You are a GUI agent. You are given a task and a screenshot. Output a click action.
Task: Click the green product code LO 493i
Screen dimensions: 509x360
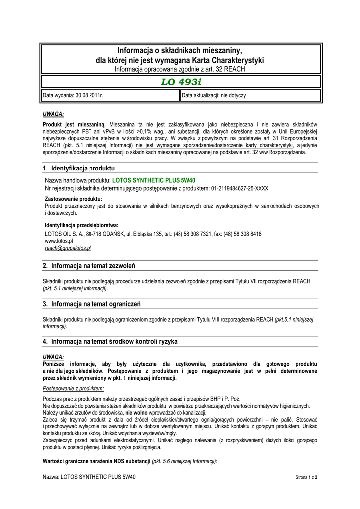[x=180, y=82]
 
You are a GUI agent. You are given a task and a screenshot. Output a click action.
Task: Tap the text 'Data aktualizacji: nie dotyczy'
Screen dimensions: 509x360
[x=214, y=95]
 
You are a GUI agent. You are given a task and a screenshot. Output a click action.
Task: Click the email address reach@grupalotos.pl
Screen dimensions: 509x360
[x=68, y=247]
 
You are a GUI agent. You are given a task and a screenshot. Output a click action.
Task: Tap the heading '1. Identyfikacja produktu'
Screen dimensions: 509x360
[x=79, y=169]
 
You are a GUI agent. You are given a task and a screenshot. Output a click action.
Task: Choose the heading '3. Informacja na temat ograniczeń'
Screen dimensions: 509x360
[x=92, y=304]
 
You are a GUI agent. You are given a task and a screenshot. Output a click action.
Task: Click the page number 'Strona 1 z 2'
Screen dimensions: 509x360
[x=306, y=477]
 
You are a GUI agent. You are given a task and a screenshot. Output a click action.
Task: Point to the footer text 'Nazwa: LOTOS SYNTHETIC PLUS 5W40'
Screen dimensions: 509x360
[x=89, y=477]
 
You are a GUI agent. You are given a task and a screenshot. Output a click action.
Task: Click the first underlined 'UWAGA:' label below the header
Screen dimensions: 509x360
[x=53, y=114]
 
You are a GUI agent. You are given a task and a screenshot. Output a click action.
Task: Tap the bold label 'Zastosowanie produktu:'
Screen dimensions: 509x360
[x=70, y=199]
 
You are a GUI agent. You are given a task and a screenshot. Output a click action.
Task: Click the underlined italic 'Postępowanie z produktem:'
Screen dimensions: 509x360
[x=73, y=388]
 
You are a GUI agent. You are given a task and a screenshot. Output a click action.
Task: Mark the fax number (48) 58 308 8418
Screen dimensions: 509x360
[x=242, y=234]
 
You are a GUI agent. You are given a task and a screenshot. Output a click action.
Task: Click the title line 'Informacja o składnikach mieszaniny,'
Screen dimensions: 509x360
[x=180, y=51]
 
